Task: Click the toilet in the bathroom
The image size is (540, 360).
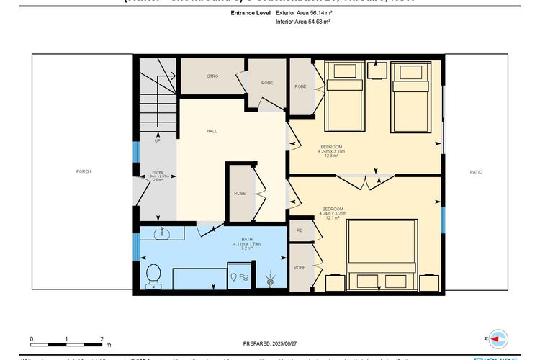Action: point(153,276)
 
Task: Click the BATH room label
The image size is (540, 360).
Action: point(247,240)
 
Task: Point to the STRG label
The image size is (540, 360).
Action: point(212,76)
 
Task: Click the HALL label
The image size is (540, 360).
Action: point(212,131)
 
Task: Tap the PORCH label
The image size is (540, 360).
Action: point(83,171)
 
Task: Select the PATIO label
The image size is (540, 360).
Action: point(476,171)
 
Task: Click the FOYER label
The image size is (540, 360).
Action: point(157,173)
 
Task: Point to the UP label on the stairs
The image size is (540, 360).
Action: point(157,140)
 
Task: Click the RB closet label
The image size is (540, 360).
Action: point(300,230)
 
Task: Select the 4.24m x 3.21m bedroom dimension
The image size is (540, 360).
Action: point(333,213)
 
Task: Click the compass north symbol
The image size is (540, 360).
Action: point(498,337)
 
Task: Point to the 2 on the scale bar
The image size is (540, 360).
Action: point(102,338)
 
